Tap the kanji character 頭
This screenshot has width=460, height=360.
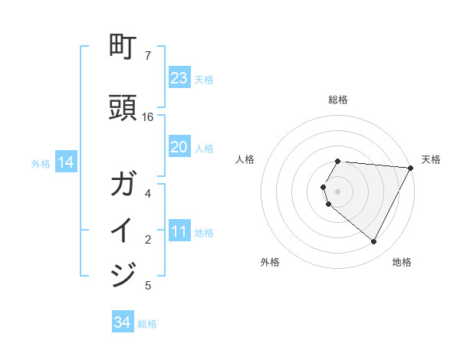click(123, 109)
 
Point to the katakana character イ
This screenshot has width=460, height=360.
click(123, 231)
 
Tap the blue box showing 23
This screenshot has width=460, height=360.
click(179, 78)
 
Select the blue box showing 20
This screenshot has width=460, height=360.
click(179, 147)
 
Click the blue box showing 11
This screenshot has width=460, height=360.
click(179, 231)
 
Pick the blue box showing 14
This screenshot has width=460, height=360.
click(65, 162)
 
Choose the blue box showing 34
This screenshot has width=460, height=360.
click(123, 322)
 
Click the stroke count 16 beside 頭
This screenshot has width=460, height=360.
click(148, 117)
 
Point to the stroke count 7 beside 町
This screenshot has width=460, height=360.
click(148, 56)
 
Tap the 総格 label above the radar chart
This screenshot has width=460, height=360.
click(338, 100)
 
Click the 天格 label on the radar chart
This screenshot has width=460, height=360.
click(431, 159)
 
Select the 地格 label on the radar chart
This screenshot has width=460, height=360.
click(402, 262)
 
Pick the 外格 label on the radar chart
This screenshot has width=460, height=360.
click(270, 262)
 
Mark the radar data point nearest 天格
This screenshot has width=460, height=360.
click(411, 168)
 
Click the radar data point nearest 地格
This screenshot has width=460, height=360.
click(373, 242)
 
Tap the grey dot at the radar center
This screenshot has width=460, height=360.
click(338, 191)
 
